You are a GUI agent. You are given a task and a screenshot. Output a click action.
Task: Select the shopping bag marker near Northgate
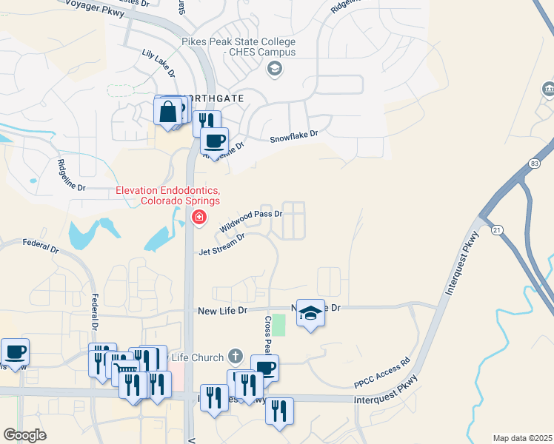(x=168, y=112)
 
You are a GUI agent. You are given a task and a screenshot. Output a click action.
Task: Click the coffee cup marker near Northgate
(x=215, y=141)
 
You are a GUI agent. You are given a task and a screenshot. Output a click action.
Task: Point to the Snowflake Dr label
(x=293, y=137)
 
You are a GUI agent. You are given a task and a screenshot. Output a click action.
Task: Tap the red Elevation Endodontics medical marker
(x=198, y=218)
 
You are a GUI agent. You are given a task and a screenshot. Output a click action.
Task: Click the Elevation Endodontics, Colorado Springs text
(x=167, y=196)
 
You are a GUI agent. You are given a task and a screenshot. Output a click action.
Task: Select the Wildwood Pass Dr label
(x=251, y=221)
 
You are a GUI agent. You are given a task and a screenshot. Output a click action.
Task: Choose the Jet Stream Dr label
(x=221, y=245)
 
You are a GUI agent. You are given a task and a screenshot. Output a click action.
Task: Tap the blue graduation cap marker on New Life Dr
(x=312, y=313)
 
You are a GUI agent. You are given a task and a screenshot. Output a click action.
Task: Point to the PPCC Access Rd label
(x=381, y=374)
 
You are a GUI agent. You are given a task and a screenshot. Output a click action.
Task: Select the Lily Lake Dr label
(x=158, y=64)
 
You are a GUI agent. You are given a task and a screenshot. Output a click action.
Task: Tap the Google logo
(x=24, y=435)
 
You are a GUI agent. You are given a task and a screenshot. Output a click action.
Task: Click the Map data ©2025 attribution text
(x=522, y=438)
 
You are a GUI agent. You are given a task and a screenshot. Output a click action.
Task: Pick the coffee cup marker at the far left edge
(x=15, y=352)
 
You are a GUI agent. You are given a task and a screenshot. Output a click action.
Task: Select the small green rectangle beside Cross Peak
(x=278, y=324)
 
